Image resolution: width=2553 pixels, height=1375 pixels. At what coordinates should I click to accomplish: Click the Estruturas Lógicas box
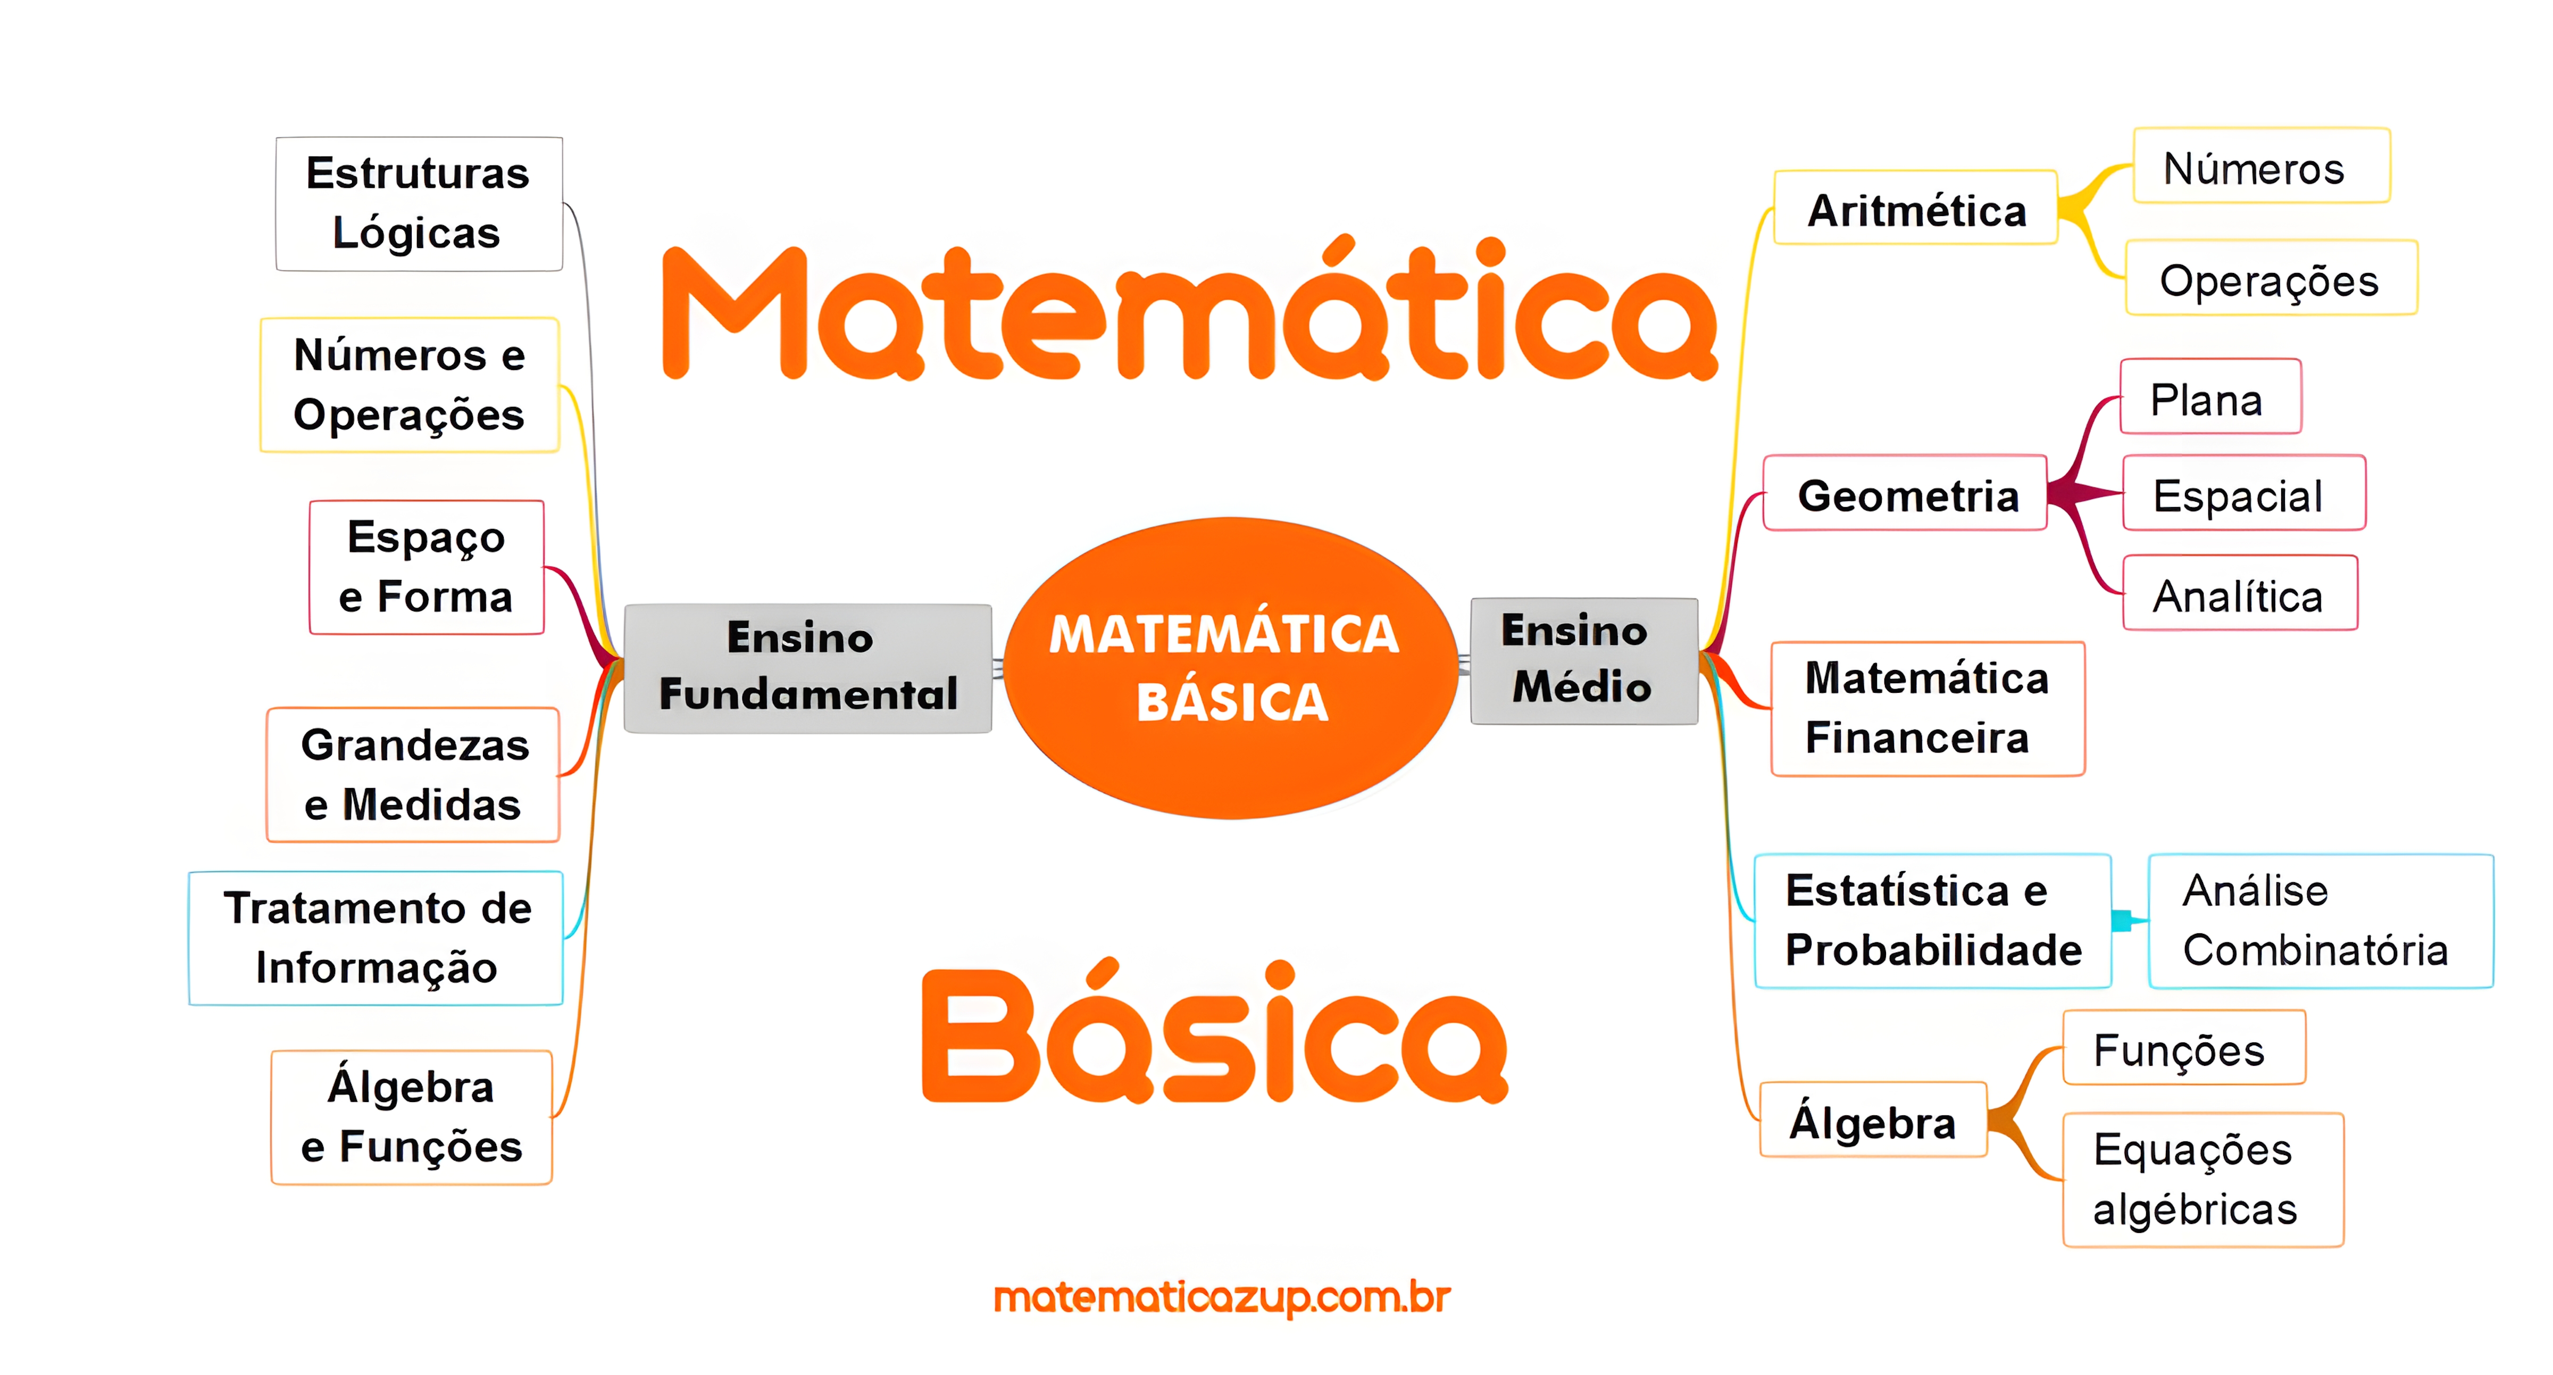418,203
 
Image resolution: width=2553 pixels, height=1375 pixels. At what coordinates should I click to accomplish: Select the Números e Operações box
410,385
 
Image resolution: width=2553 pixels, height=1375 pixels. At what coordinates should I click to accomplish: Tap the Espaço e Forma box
426,567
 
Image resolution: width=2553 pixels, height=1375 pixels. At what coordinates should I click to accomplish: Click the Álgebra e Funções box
411,1117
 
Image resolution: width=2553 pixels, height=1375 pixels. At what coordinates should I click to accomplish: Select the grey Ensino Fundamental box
808,667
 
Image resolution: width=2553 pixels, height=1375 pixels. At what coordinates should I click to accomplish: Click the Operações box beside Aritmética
2270,279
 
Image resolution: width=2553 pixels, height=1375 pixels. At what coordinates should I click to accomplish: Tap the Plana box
2209,397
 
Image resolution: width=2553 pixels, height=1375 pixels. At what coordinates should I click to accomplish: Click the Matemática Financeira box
1926,708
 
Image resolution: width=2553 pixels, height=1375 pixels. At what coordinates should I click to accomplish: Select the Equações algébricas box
2202,1180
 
